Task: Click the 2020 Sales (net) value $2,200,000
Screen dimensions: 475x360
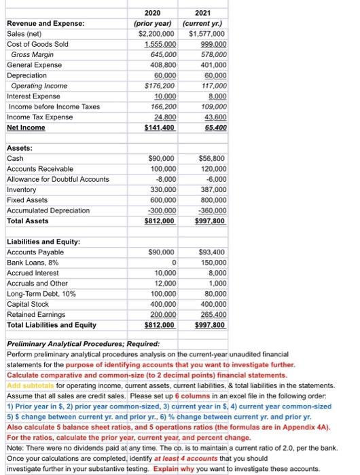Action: click(x=157, y=33)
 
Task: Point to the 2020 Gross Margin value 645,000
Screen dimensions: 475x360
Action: click(x=160, y=54)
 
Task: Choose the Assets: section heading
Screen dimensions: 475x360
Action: click(x=20, y=147)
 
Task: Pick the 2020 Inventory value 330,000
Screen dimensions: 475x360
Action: click(x=160, y=189)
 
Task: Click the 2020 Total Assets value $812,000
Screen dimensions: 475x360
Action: click(x=158, y=221)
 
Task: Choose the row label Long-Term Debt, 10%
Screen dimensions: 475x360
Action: click(x=40, y=294)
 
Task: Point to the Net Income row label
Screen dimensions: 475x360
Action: click(x=26, y=128)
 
